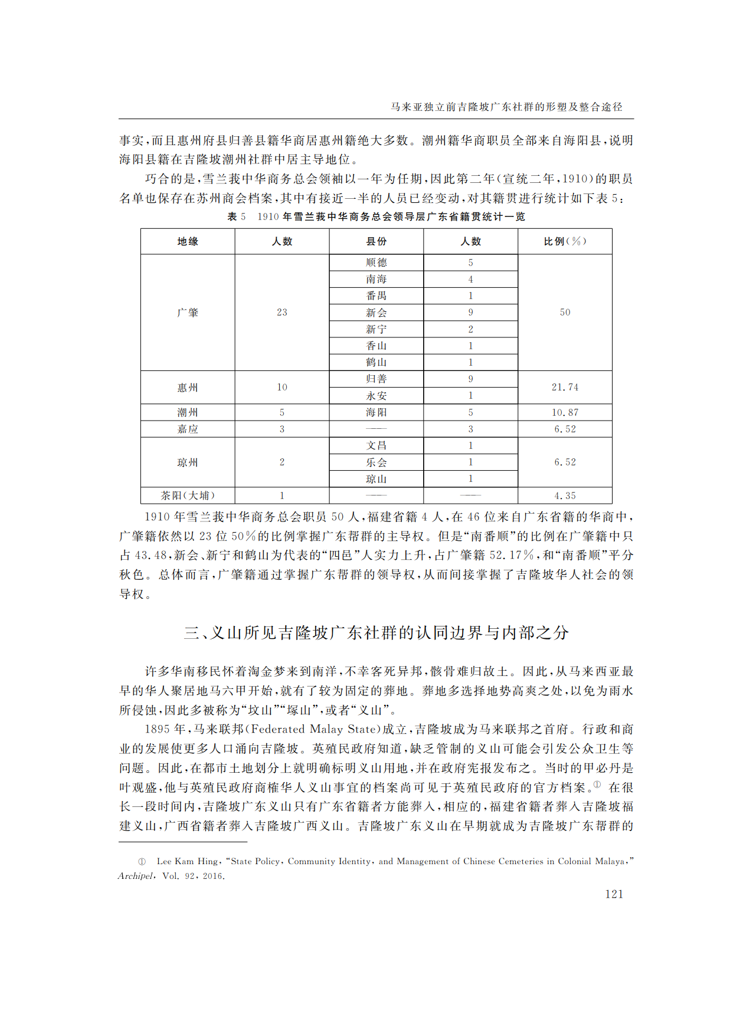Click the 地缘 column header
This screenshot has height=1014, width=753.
pyautogui.click(x=188, y=241)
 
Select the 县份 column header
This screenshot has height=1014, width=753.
pyautogui.click(x=376, y=241)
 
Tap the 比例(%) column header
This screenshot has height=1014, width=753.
pyautogui.click(x=565, y=241)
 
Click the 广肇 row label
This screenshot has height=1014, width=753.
pyautogui.click(x=188, y=312)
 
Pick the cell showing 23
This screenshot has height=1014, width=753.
pyautogui.click(x=282, y=312)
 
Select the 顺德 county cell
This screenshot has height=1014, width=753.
pyautogui.click(x=376, y=262)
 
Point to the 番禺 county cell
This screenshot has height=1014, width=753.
pyautogui.click(x=376, y=296)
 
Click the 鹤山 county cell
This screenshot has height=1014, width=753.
pyautogui.click(x=376, y=362)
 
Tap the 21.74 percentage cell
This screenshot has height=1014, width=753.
pyautogui.click(x=565, y=387)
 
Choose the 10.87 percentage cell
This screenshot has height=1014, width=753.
pyautogui.click(x=565, y=412)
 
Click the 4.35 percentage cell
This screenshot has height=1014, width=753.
pyautogui.click(x=565, y=495)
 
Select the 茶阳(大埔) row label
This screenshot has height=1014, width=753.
pyautogui.click(x=188, y=495)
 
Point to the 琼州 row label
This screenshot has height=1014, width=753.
pyautogui.click(x=188, y=462)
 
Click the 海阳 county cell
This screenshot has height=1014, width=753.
pyautogui.click(x=376, y=412)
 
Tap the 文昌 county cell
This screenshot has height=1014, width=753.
pyautogui.click(x=376, y=445)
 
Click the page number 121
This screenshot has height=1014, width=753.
pyautogui.click(x=614, y=894)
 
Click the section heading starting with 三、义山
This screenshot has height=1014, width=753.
pyautogui.click(x=376, y=633)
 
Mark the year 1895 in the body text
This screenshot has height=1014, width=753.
pyautogui.click(x=157, y=730)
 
